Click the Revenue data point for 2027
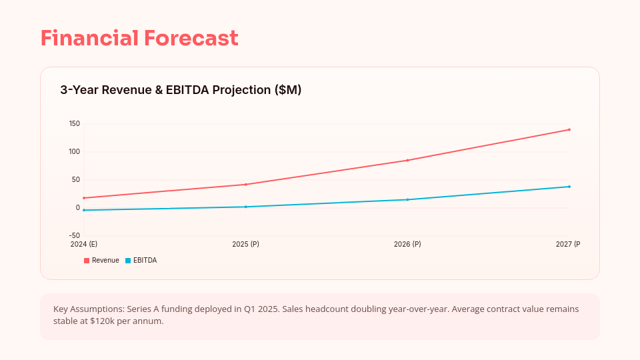point(569,129)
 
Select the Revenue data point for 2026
point(407,160)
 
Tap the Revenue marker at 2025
point(245,185)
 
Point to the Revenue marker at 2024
point(84,198)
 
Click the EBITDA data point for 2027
point(569,187)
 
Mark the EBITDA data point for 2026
point(407,199)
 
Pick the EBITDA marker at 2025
point(245,207)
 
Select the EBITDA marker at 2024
point(84,210)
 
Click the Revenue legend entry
point(101,261)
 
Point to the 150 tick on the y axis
point(74,124)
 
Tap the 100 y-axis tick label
point(74,152)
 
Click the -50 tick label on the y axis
point(73,236)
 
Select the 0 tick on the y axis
point(78,208)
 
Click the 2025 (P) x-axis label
point(245,245)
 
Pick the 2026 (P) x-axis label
point(407,245)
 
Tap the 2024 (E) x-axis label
point(84,245)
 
